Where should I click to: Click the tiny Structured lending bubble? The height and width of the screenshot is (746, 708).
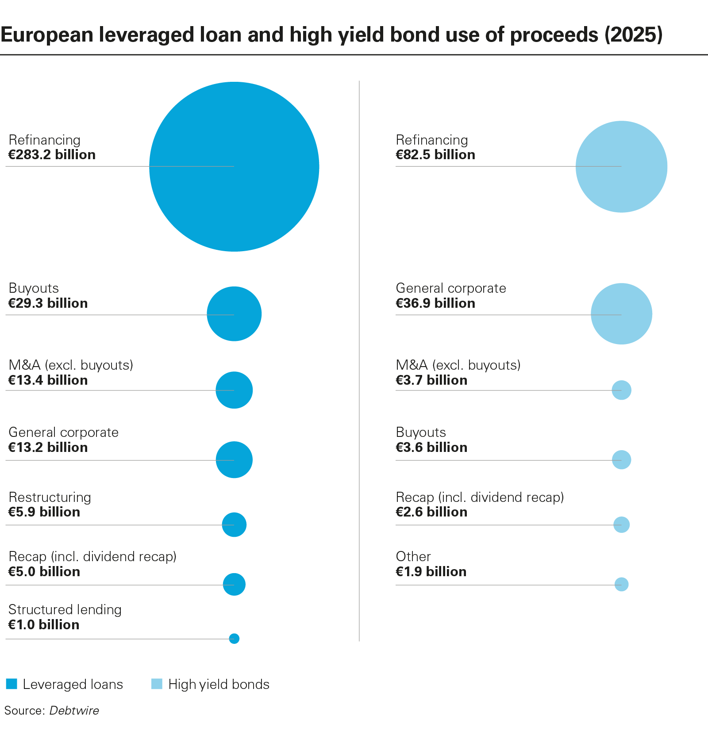click(x=234, y=639)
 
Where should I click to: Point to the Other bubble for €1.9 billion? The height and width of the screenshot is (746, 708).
click(x=621, y=584)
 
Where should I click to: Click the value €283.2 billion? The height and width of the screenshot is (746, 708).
click(x=52, y=155)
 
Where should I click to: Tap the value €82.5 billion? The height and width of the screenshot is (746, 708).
click(x=435, y=155)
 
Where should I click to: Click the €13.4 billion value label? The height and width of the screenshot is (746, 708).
click(x=48, y=380)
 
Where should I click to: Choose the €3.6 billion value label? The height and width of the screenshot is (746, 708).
click(x=431, y=448)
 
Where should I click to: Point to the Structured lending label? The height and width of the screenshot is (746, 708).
click(x=65, y=609)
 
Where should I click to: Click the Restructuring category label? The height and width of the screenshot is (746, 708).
click(x=50, y=497)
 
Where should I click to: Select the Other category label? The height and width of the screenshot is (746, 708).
click(x=413, y=556)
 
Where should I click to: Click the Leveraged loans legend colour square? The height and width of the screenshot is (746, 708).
click(x=12, y=684)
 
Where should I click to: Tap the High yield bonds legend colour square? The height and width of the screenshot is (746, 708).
click(x=157, y=684)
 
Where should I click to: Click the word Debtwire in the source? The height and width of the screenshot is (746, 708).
click(x=74, y=710)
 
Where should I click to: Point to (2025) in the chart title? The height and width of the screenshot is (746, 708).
click(x=633, y=34)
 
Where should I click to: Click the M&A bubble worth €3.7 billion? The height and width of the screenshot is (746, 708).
click(x=621, y=390)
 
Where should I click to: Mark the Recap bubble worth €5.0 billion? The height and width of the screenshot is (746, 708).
click(x=234, y=584)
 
